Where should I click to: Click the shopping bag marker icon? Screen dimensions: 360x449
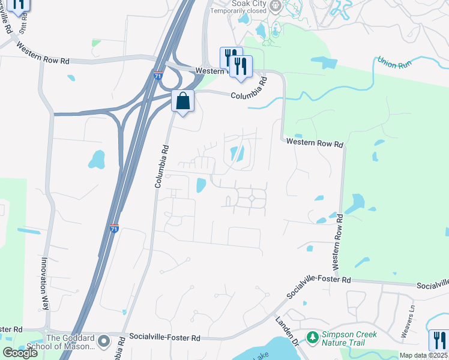pos(183,101)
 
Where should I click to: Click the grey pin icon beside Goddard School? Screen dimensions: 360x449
pos(104,342)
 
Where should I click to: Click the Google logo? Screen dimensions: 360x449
pos(20,353)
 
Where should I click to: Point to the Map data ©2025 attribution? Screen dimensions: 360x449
pos(423,355)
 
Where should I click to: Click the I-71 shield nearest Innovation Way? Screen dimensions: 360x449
pos(114,228)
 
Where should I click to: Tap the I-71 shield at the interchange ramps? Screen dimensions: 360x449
pos(157,76)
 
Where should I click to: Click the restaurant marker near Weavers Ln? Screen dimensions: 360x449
pos(438,340)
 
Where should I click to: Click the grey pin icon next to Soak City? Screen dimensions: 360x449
pos(276,6)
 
